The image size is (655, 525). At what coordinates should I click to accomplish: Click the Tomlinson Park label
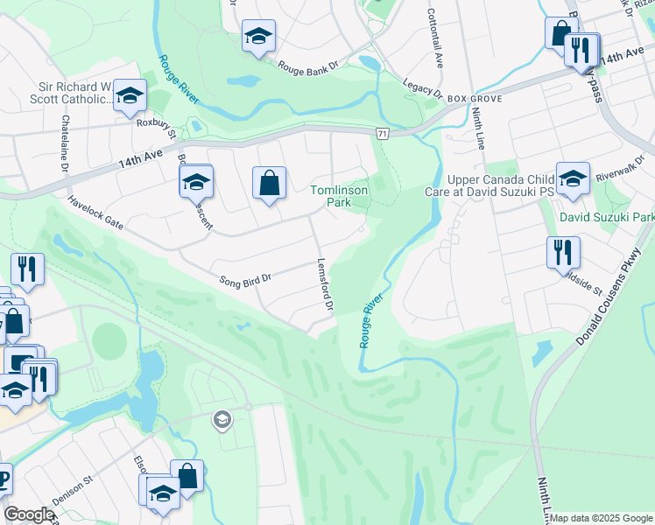click(x=341, y=196)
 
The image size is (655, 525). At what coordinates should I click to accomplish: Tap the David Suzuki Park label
click(x=606, y=216)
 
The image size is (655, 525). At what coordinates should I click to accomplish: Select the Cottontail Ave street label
click(x=435, y=35)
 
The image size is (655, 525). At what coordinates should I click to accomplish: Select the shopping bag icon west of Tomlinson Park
click(x=270, y=183)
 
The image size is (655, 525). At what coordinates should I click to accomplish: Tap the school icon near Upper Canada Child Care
click(x=572, y=178)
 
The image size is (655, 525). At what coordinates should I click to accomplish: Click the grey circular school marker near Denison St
click(x=222, y=421)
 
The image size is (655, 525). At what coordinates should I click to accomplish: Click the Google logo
click(x=29, y=514)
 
